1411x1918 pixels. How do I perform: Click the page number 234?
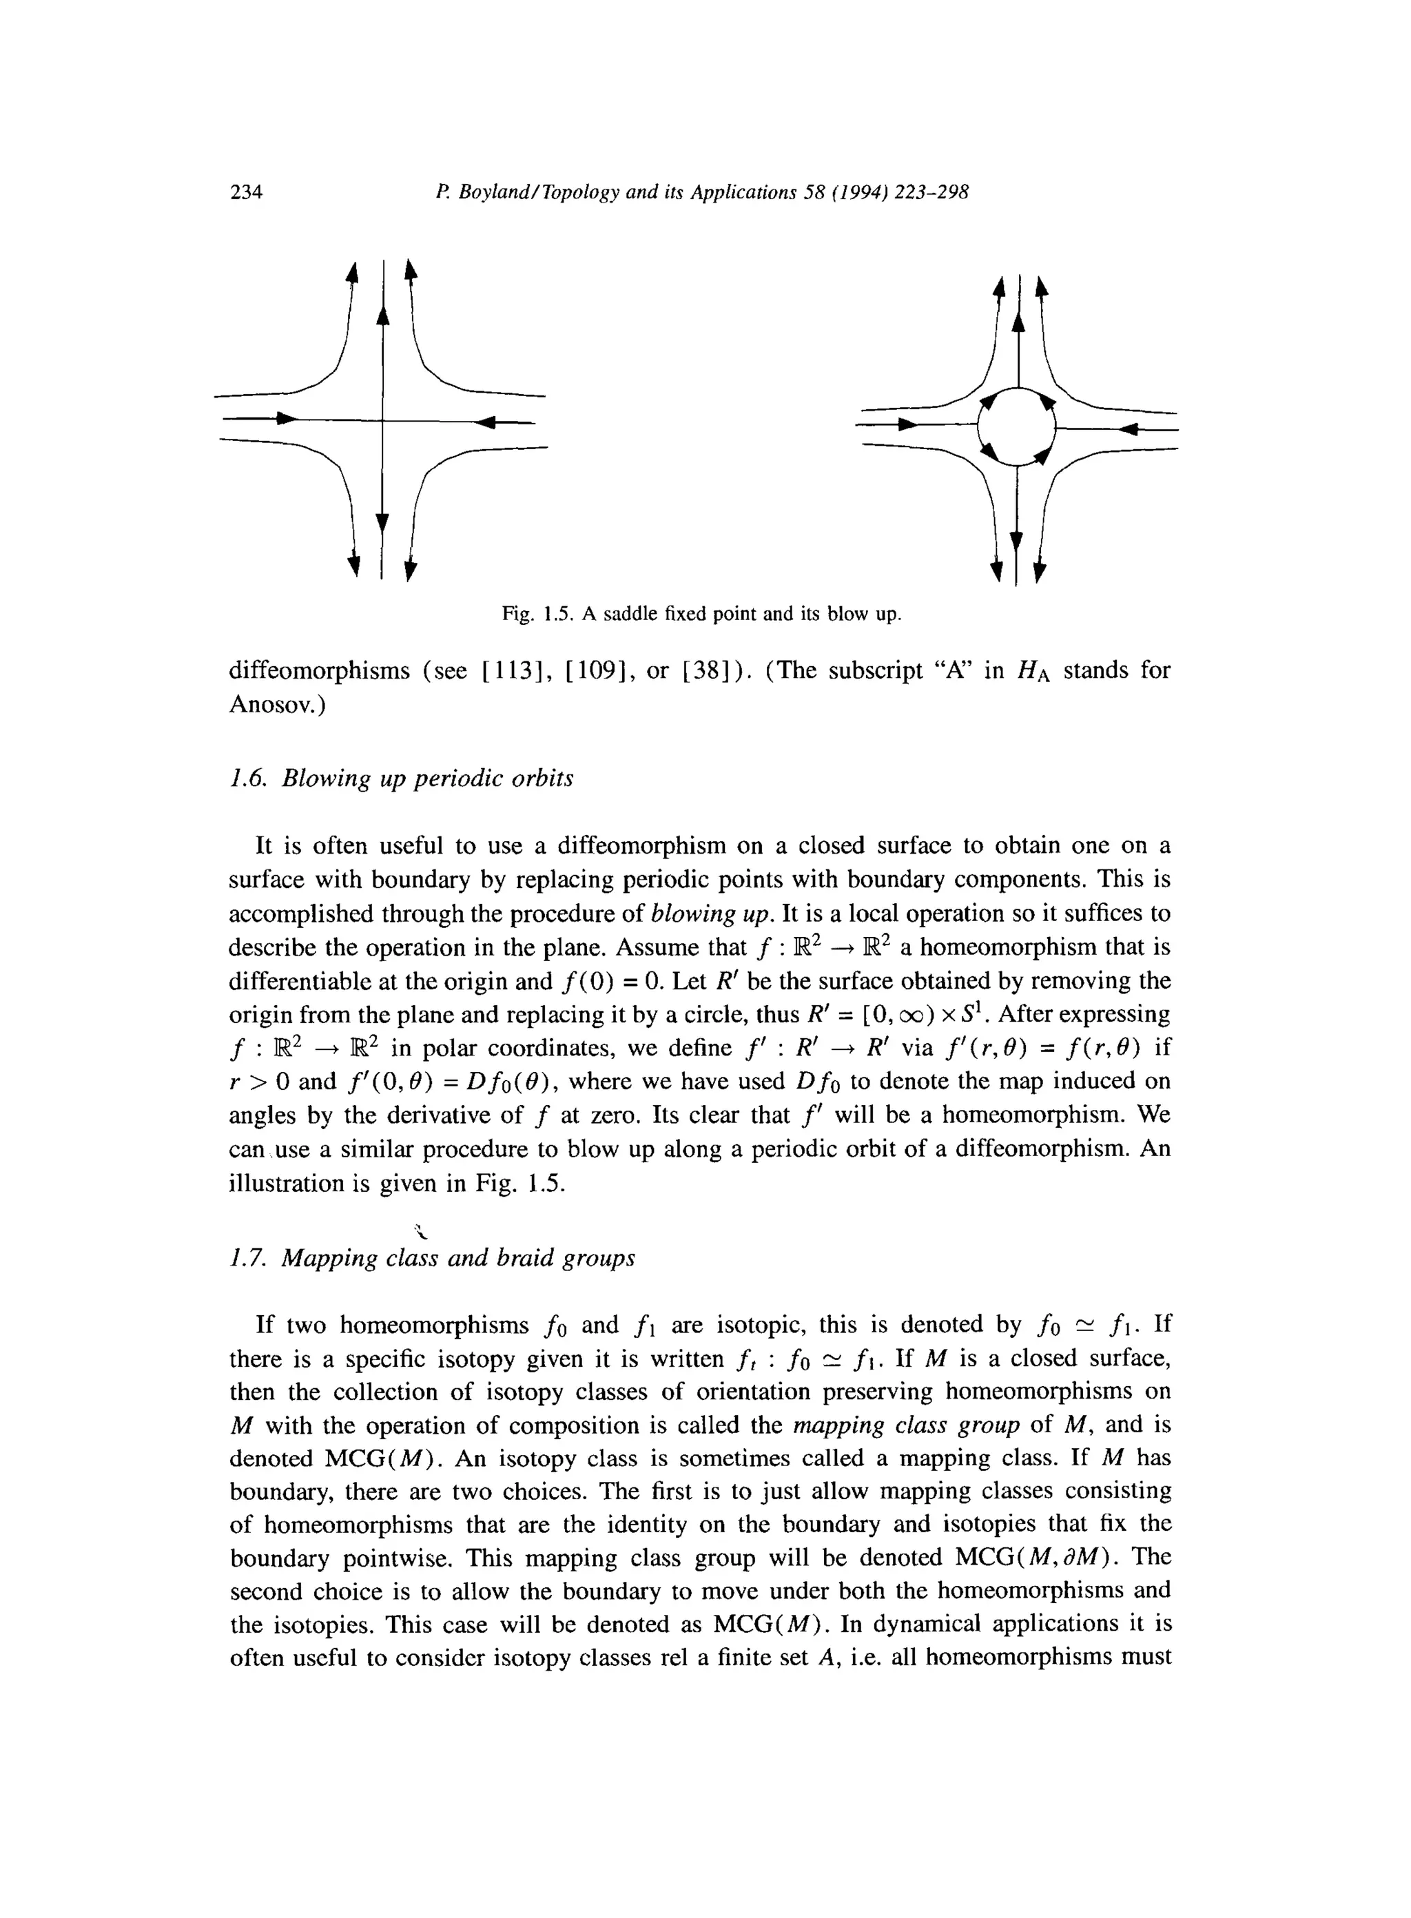pos(246,192)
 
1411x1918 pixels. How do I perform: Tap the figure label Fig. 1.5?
pos(537,614)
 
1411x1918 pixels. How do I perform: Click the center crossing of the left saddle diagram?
pos(382,420)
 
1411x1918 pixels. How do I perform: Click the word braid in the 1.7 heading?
pos(524,1259)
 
